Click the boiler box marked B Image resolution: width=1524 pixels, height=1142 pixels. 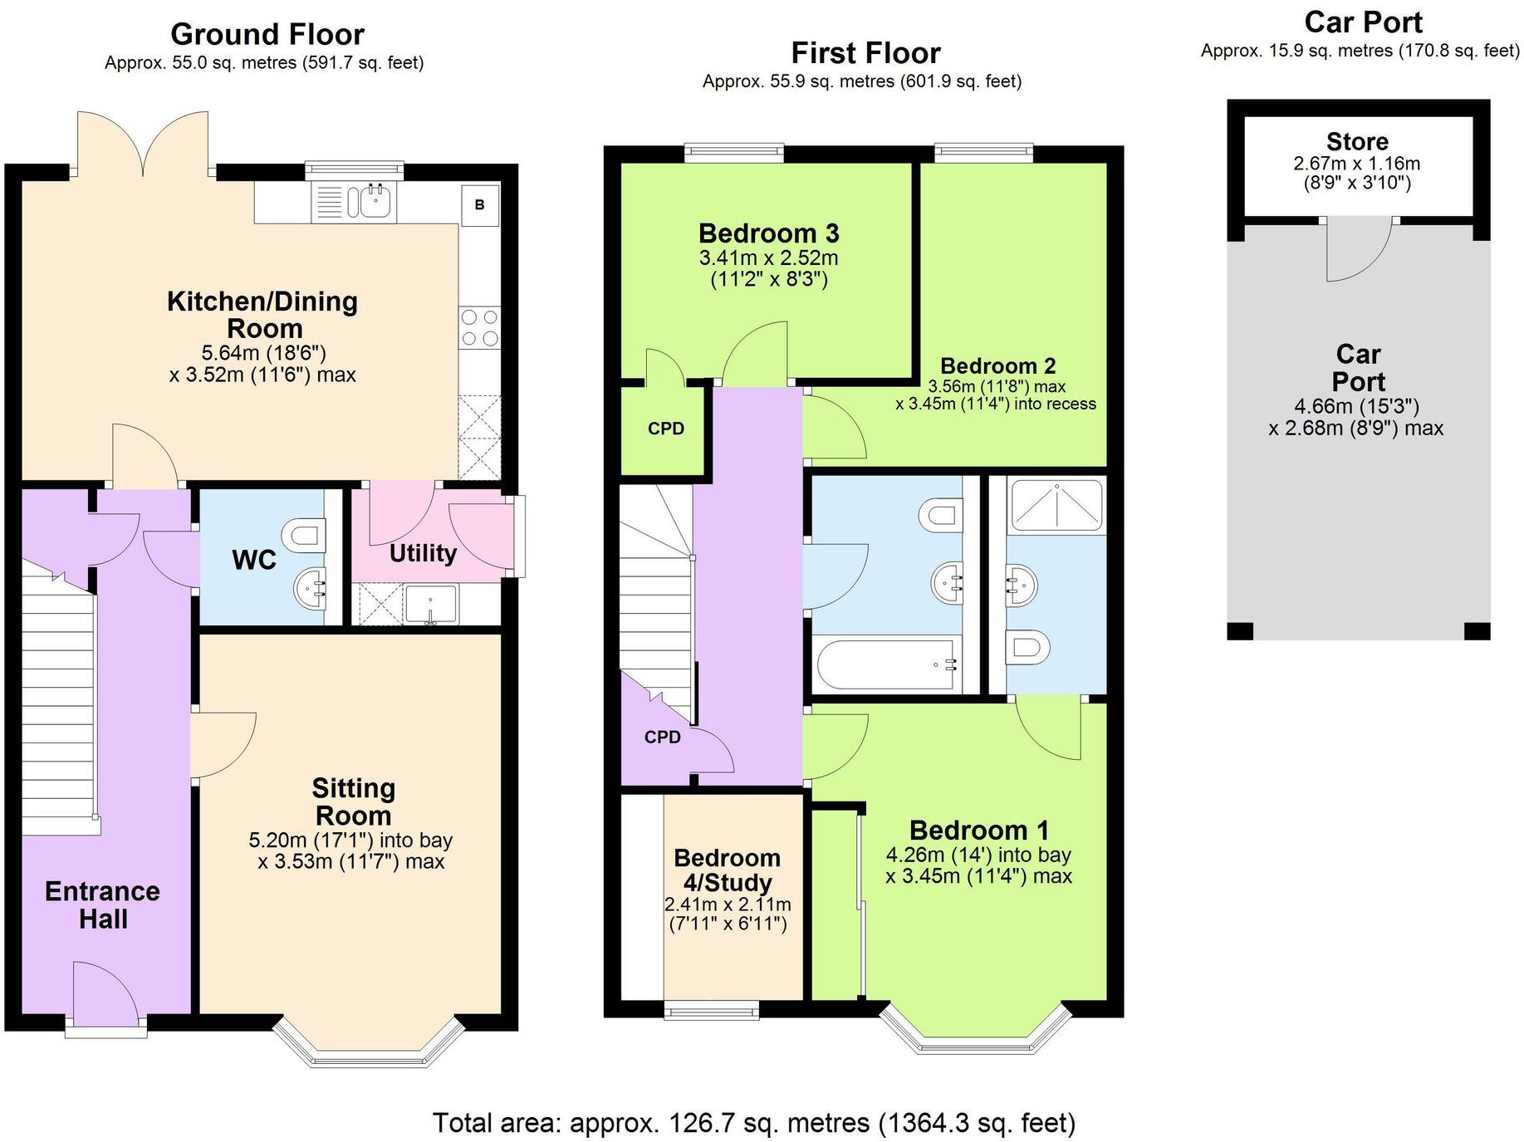click(479, 204)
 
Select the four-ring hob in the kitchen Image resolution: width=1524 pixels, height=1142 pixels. click(480, 327)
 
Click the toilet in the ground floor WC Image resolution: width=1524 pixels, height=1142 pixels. click(305, 534)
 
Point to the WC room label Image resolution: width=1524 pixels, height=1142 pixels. click(253, 560)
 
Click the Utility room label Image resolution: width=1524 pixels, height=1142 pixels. click(423, 553)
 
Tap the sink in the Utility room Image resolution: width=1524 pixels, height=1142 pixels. click(430, 604)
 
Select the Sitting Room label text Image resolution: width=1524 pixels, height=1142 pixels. click(353, 801)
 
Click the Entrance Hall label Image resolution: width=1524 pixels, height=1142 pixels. click(102, 904)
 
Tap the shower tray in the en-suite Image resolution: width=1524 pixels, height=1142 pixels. click(1056, 503)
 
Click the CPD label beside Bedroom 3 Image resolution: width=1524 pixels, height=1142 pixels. click(666, 429)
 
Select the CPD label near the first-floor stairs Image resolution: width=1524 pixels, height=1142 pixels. click(662, 737)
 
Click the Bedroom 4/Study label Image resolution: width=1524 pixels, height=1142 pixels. click(727, 870)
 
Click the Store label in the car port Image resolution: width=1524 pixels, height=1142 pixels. click(1357, 141)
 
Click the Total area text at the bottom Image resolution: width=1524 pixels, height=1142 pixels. click(753, 1123)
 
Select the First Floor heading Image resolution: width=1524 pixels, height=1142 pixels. click(865, 53)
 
